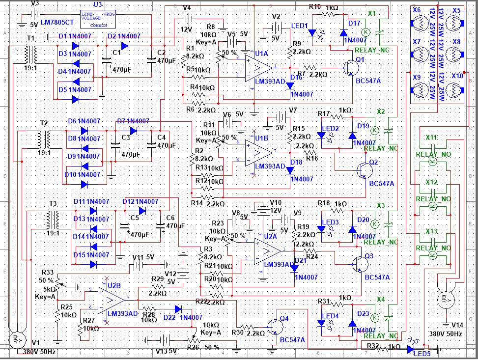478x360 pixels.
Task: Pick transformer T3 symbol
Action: pyautogui.click(x=51, y=218)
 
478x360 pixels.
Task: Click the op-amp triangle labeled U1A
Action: pyautogui.click(x=258, y=67)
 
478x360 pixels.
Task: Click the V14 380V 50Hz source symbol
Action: pyautogui.click(x=446, y=300)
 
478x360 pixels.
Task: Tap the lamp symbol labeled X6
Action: pyautogui.click(x=420, y=24)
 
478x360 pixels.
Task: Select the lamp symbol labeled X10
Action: pyautogui.click(x=456, y=91)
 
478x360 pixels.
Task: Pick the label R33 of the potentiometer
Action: pyautogui.click(x=48, y=272)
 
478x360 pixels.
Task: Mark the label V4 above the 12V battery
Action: pyautogui.click(x=187, y=8)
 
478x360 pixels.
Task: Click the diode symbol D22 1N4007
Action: pyautogui.click(x=178, y=309)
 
